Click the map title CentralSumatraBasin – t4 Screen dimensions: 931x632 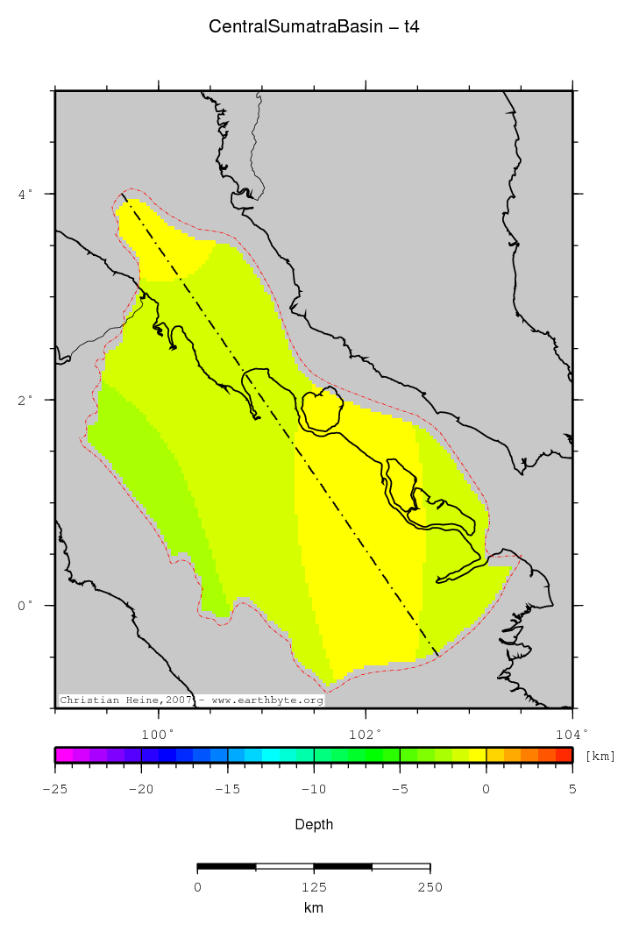314,27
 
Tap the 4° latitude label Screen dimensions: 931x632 26,193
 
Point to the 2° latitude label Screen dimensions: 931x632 26,399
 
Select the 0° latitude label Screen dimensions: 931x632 26,605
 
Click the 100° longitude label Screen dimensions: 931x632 159,734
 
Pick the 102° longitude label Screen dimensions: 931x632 366,734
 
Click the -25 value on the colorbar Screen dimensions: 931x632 54,789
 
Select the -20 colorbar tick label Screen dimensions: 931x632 140,789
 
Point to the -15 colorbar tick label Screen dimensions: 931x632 226,789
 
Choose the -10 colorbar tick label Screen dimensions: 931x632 313,789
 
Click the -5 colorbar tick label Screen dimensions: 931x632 399,789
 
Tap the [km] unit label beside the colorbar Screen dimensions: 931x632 600,756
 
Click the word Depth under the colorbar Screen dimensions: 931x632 314,824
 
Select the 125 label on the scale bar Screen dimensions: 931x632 314,887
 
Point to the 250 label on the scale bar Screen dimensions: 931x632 430,887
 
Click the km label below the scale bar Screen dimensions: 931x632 314,908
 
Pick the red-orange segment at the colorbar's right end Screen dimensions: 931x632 564,754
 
